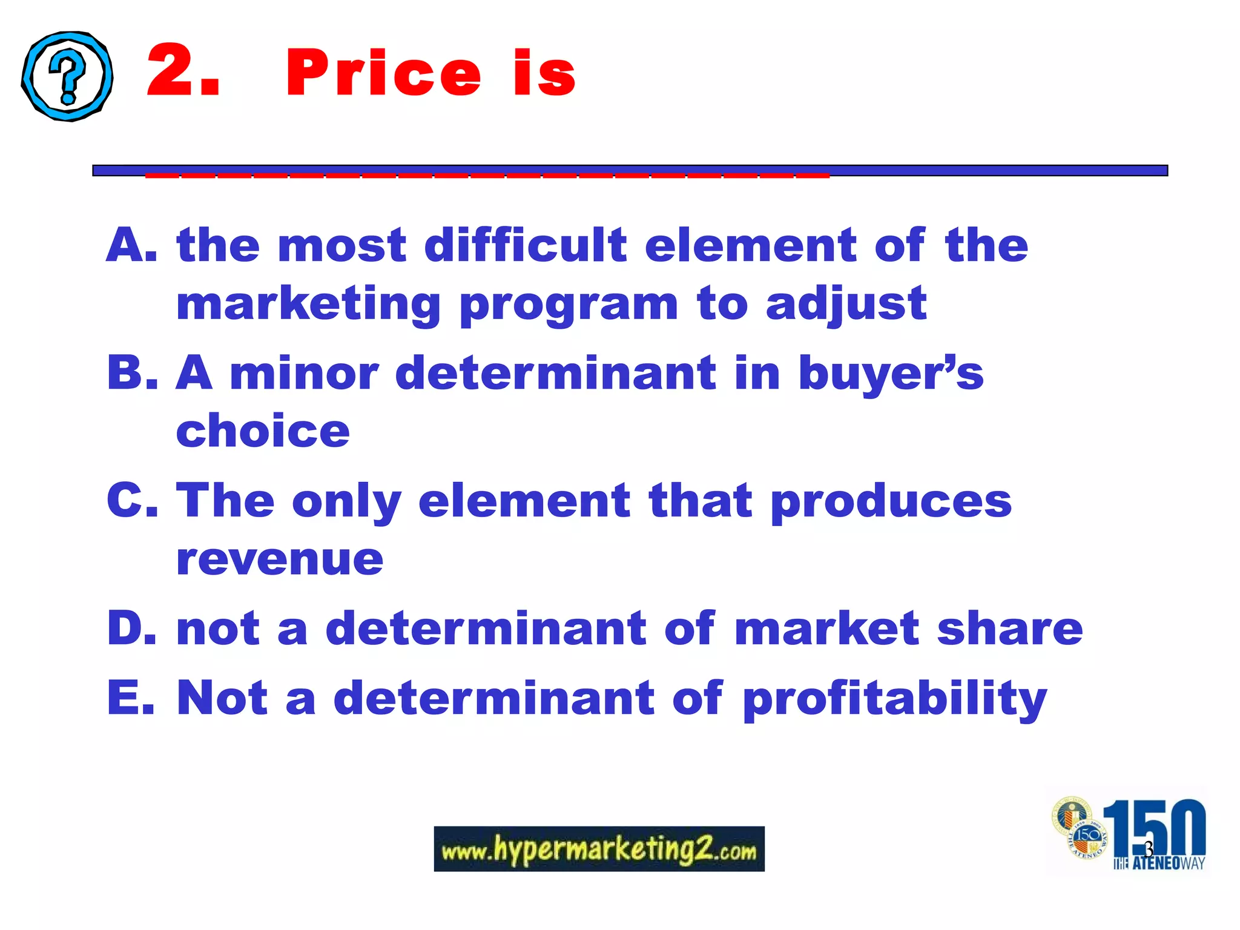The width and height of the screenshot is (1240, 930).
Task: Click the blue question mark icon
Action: click(x=67, y=76)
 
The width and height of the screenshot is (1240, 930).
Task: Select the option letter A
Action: click(x=131, y=245)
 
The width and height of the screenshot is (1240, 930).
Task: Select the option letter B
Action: click(x=132, y=372)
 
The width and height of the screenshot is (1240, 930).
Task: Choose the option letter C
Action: click(x=132, y=500)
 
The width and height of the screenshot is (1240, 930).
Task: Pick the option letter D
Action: click(x=132, y=628)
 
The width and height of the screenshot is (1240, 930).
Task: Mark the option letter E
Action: click(x=131, y=697)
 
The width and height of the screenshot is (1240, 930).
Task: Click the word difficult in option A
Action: click(x=526, y=245)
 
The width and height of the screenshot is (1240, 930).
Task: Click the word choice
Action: click(x=263, y=431)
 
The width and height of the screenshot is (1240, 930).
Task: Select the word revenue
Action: click(x=280, y=559)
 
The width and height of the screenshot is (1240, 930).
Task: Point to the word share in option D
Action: click(x=1010, y=628)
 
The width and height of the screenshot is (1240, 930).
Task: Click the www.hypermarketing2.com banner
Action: click(x=599, y=849)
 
